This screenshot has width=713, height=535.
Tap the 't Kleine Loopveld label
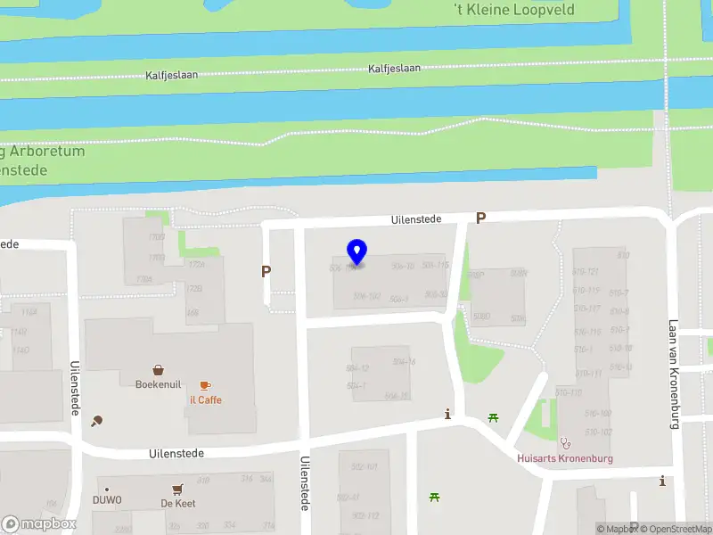[513, 10]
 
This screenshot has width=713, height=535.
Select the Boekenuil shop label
[158, 384]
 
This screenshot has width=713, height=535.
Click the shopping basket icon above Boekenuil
[158, 369]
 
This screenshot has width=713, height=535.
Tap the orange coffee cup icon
[205, 385]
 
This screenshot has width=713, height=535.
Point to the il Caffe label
[205, 399]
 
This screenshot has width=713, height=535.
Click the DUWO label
[107, 500]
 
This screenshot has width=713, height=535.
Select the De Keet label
[177, 503]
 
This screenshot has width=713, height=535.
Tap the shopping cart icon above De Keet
[177, 489]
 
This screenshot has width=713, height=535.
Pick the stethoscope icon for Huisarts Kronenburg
[564, 442]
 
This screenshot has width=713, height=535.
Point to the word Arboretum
[49, 151]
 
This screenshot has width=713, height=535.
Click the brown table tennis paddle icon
[96, 421]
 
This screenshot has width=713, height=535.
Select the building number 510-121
[586, 271]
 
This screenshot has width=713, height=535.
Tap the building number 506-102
[366, 296]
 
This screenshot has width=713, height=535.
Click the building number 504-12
[357, 367]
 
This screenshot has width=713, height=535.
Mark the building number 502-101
[365, 466]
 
